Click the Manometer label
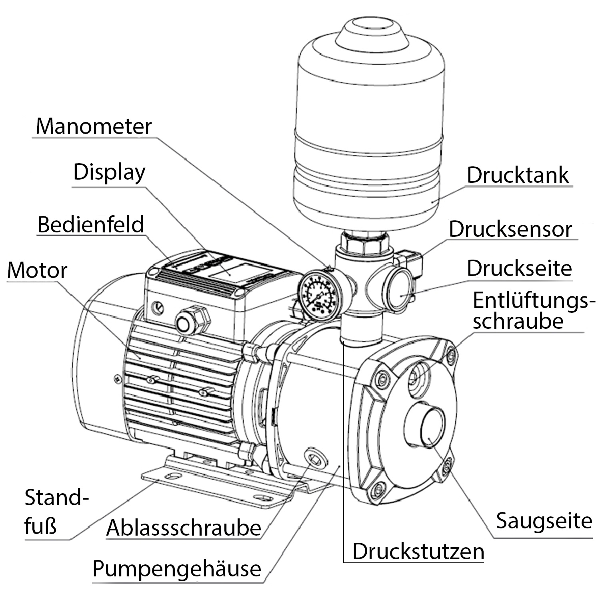(x=94, y=127)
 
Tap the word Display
(x=109, y=172)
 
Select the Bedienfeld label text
(x=90, y=224)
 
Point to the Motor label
(x=37, y=270)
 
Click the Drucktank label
(x=518, y=175)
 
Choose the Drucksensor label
(x=510, y=229)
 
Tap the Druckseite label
(x=519, y=268)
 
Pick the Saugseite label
(x=544, y=521)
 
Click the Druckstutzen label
(x=418, y=552)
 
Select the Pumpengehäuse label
(x=176, y=568)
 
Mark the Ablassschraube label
(x=184, y=528)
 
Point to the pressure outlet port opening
(x=398, y=290)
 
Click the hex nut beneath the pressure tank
(x=364, y=243)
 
